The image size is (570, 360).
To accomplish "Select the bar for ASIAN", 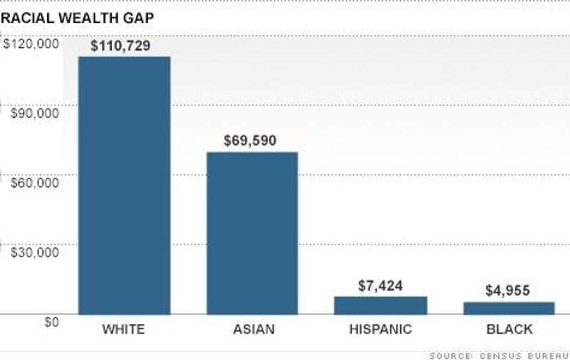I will point(252,233).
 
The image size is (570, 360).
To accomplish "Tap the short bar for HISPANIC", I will point(380,305).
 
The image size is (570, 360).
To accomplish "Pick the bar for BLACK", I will point(508,308).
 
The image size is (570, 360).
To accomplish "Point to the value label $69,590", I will point(250,141).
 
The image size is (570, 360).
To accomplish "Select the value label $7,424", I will point(380,286).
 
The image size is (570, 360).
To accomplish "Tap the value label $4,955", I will point(507,291).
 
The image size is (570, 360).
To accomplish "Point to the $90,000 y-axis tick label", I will point(35,113).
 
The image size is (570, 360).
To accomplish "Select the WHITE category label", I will point(123,330).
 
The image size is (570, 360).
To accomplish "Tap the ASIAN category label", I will point(254,330).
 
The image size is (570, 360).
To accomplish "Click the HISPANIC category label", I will point(380,330).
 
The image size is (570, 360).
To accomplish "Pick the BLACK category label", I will point(510,330).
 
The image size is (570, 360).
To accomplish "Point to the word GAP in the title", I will point(137,18).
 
